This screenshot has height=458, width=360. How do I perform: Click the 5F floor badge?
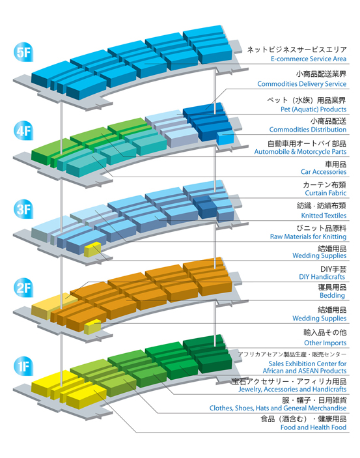point(23,53)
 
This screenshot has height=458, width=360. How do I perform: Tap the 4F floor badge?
point(23,130)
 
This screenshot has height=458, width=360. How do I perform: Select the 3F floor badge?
point(23,209)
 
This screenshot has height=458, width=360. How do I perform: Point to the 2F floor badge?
point(23,287)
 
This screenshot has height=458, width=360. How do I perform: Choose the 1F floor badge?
point(23,366)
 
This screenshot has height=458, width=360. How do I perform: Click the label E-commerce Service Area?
point(309,59)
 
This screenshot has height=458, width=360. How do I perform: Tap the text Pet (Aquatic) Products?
point(314,109)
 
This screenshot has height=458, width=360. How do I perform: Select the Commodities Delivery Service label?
point(302,84)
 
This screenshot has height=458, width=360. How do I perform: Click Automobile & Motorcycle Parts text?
point(300,152)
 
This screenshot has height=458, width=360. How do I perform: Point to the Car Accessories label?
point(324,172)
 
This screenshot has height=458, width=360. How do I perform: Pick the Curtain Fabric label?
point(325,193)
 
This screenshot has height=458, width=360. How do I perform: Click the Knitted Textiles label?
point(324,216)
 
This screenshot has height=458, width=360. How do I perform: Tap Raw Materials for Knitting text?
point(309,236)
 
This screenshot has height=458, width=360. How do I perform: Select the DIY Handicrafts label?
point(322,277)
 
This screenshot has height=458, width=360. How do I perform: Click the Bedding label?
point(332,295)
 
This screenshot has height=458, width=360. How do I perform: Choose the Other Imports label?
point(325,343)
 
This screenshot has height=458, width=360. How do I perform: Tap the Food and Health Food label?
point(314,427)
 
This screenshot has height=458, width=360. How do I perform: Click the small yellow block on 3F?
point(92,250)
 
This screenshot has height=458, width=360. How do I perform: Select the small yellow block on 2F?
point(92,327)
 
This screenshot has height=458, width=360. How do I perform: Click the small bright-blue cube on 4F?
point(225,137)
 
